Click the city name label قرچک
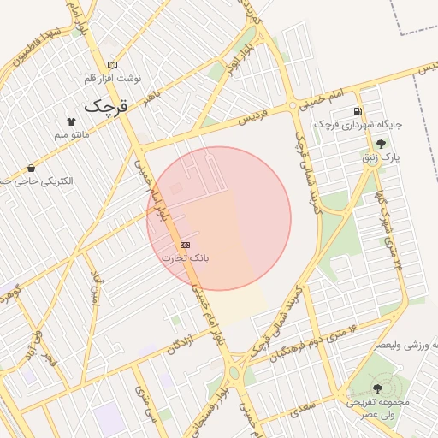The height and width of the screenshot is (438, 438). point(105,107)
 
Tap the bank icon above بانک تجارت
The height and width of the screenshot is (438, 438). point(186,245)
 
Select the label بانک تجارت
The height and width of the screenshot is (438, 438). point(186,257)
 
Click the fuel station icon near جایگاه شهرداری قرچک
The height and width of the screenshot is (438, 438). point(357,111)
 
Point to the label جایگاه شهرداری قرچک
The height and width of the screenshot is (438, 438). point(358,125)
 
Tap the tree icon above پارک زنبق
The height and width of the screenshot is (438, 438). point(381,144)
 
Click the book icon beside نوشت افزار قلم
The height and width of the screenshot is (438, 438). point(112,65)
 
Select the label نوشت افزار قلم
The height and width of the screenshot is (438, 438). point(112,78)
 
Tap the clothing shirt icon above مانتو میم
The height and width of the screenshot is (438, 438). point(71,122)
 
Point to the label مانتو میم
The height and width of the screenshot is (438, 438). point(72,135)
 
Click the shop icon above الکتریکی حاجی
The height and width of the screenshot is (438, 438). point(32,169)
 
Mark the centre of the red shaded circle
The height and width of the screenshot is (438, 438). point(219,219)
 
